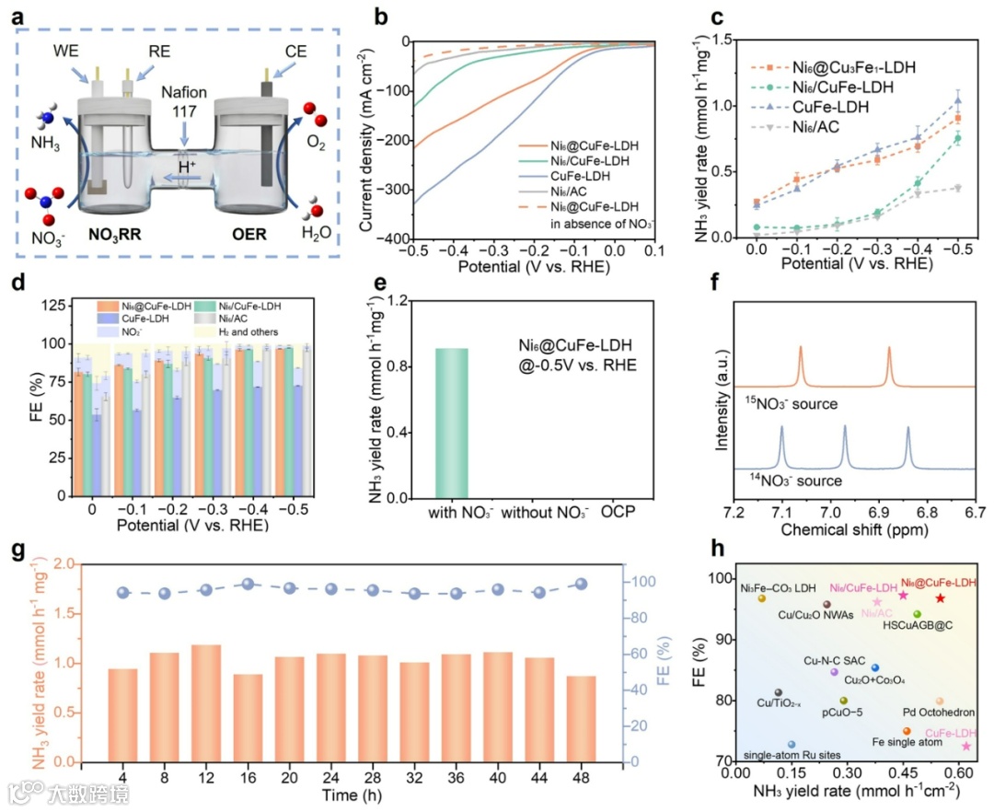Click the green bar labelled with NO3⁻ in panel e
click(x=451, y=423)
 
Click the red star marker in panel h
click(x=940, y=598)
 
